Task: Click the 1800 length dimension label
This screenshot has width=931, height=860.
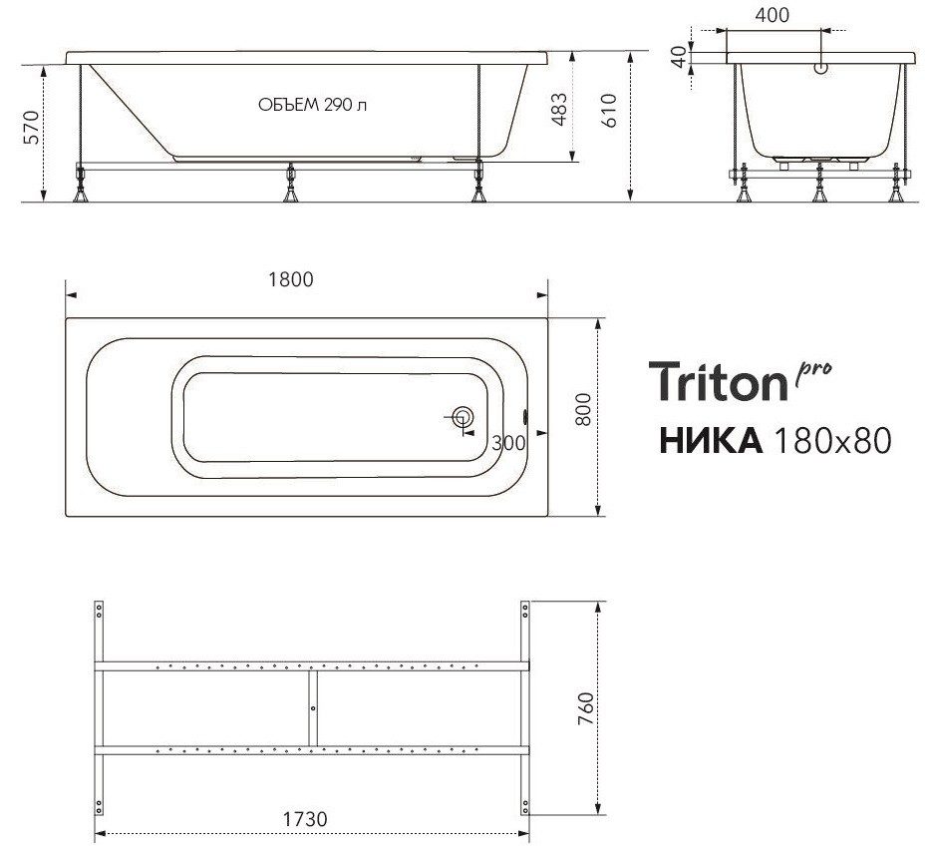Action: coord(290,279)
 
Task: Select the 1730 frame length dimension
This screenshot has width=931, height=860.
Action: coord(306,818)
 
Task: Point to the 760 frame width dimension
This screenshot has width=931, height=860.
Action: coord(585,707)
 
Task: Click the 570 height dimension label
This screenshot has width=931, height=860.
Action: coord(31,127)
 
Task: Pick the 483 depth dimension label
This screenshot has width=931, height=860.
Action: coord(559,110)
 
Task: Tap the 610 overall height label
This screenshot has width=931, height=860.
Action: coord(610,110)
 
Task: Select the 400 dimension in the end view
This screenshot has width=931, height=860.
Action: coord(773,15)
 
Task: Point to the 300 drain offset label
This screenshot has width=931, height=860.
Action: coord(508,444)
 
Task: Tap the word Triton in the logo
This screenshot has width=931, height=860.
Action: coord(718,381)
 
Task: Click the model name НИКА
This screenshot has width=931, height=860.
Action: coord(709,438)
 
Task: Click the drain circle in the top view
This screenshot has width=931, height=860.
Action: coord(463,418)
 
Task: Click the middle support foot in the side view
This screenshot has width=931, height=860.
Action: coord(290,184)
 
